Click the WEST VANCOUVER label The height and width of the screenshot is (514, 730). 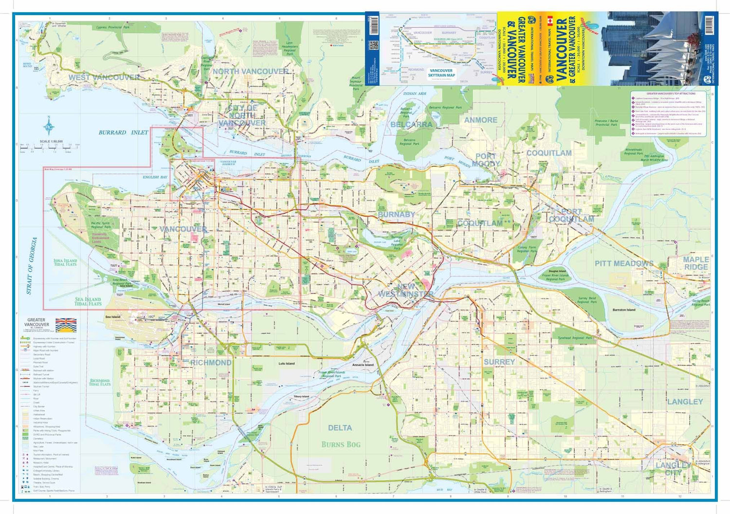[x=104, y=77]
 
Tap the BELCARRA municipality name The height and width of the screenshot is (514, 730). [x=411, y=125]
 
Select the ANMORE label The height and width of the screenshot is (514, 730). [x=480, y=120]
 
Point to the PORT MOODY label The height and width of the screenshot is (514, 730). [x=485, y=160]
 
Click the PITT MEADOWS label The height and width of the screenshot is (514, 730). [x=624, y=263]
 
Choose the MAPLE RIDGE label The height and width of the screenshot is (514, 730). [x=696, y=263]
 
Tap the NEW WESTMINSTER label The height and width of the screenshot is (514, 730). [x=405, y=291]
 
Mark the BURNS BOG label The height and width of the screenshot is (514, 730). [x=341, y=444]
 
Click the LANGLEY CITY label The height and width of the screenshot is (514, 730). [x=674, y=469]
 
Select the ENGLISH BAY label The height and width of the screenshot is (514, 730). [x=155, y=177]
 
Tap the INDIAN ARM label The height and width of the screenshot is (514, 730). [x=414, y=94]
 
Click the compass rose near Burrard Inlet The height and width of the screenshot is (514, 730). [x=49, y=128]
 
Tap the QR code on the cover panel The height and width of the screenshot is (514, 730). [x=373, y=45]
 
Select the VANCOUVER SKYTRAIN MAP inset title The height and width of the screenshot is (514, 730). [x=441, y=73]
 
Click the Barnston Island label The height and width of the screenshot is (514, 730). [x=623, y=310]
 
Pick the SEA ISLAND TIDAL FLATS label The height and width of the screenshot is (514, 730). [x=88, y=302]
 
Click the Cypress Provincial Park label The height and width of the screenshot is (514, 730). [x=113, y=28]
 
